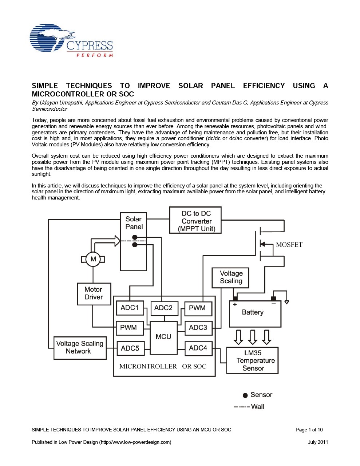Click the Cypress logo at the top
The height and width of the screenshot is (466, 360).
tap(71, 40)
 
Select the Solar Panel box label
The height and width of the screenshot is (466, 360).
tap(134, 223)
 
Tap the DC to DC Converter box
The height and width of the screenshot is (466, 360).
tap(195, 221)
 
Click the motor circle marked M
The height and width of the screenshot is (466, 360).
tap(93, 259)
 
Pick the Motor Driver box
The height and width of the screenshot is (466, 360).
tap(94, 293)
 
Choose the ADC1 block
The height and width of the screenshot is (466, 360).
tap(130, 308)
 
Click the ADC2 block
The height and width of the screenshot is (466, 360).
tap(163, 308)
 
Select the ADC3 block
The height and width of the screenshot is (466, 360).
tap(198, 328)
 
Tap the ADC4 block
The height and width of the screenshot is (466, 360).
tap(198, 348)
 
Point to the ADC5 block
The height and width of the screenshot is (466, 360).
tap(130, 348)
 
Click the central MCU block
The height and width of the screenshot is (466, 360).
tap(163, 337)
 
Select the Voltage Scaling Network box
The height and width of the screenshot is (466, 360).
tap(80, 348)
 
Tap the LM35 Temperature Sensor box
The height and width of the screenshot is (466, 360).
tap(252, 360)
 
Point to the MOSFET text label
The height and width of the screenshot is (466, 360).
tap(289, 245)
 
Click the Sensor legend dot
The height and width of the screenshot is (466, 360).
tap(245, 395)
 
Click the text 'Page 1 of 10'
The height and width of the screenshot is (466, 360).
tap(309, 430)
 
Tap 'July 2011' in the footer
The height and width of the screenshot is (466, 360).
tap(318, 442)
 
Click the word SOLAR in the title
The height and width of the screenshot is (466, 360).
tap(190, 86)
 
